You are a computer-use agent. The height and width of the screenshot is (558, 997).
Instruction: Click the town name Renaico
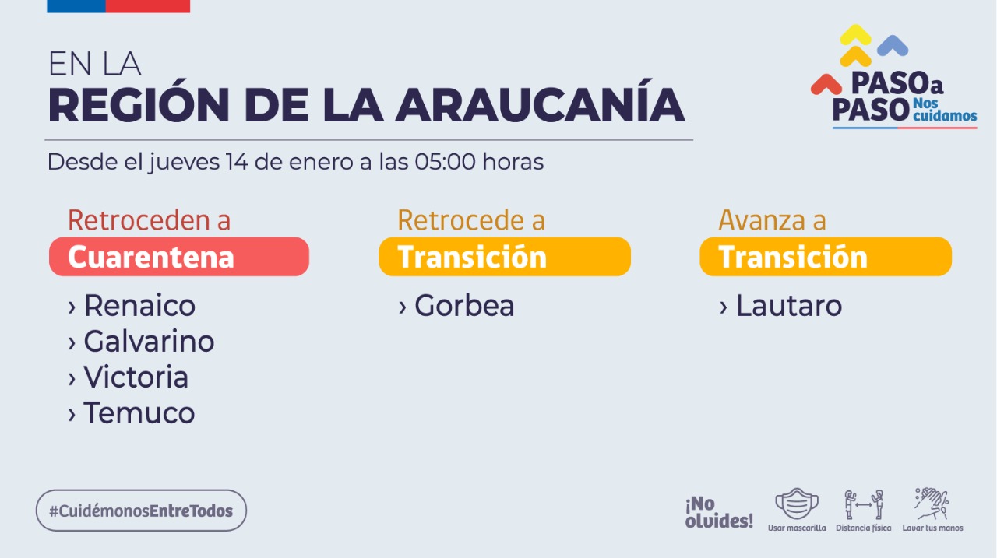[139, 306]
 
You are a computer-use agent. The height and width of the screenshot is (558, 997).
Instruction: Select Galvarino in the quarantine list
[149, 342]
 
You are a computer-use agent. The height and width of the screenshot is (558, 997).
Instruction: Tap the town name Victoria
[136, 377]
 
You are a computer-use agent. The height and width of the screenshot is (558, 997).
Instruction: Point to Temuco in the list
[139, 412]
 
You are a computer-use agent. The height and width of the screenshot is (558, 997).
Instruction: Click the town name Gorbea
[464, 306]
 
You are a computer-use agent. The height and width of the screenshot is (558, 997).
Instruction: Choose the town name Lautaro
[789, 306]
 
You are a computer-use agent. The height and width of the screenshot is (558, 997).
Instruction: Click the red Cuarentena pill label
[179, 257]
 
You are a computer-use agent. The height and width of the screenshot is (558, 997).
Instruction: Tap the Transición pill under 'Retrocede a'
[505, 257]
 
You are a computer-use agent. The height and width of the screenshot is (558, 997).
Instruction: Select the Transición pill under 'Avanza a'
[826, 257]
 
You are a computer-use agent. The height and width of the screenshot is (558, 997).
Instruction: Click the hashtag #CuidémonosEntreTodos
[141, 511]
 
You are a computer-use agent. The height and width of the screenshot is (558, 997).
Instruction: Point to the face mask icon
[797, 504]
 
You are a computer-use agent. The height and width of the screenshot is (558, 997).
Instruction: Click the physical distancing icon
[864, 504]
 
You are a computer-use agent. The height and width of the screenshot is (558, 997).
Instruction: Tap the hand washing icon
[932, 504]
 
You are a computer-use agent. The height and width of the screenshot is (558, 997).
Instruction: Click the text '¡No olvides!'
[719, 513]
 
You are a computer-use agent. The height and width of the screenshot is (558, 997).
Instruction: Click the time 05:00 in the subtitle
[445, 161]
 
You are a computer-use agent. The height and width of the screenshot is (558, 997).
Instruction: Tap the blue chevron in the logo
[893, 45]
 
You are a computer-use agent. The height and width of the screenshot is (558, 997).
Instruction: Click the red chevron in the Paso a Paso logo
[826, 85]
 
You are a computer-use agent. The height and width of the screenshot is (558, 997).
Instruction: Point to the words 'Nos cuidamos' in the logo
[945, 110]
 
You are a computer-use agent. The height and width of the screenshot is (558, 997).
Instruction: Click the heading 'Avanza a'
[772, 219]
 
